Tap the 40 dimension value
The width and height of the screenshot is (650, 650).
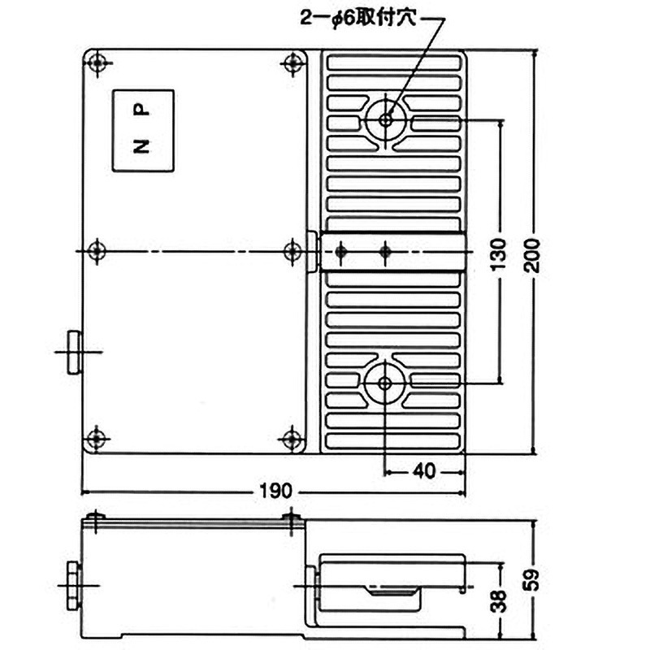pos(423,470)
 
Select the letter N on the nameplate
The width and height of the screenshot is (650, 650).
pos(141,146)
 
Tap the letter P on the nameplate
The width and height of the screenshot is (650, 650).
pos(141,107)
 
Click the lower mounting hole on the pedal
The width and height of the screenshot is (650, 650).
pos(384,383)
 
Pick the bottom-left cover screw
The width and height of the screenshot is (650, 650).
pos(97,439)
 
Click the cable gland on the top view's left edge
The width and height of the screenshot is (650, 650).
pos(75,351)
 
